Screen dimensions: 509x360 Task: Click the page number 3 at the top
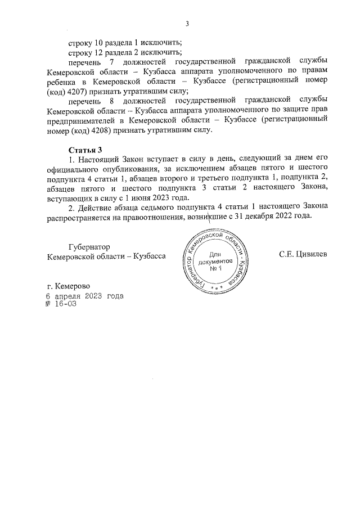click(187, 23)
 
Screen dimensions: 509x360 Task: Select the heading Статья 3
click(85, 150)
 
